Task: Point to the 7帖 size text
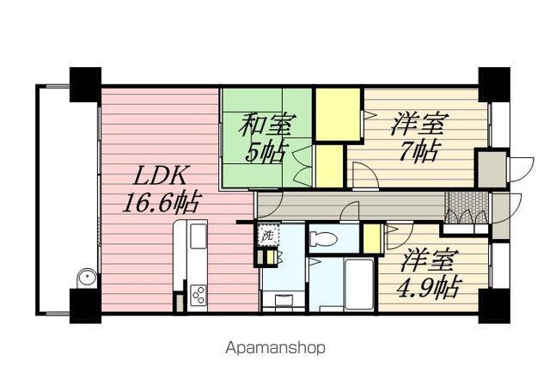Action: coord(420,152)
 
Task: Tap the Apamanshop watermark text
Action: coord(275,348)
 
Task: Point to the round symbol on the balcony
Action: coord(85,278)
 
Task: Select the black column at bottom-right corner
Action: coord(493,306)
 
